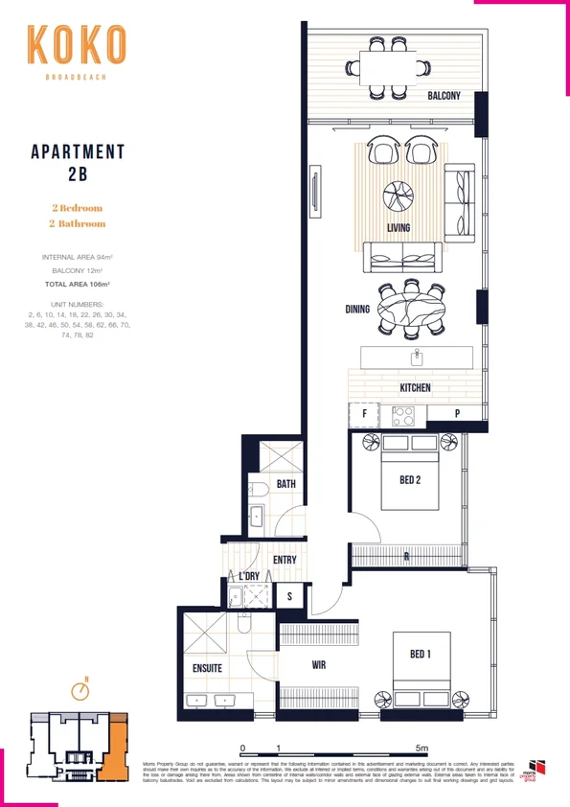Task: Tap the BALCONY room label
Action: (445, 96)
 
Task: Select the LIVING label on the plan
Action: (399, 228)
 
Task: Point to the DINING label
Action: (357, 310)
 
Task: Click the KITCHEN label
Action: (415, 388)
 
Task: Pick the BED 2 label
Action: (409, 480)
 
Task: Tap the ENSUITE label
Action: (207, 668)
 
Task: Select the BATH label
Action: (285, 485)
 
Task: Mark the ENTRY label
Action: (285, 561)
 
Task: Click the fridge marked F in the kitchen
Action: (364, 415)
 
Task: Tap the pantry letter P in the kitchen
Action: (457, 415)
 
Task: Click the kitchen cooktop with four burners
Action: (403, 416)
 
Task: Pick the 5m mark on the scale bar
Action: (422, 747)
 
